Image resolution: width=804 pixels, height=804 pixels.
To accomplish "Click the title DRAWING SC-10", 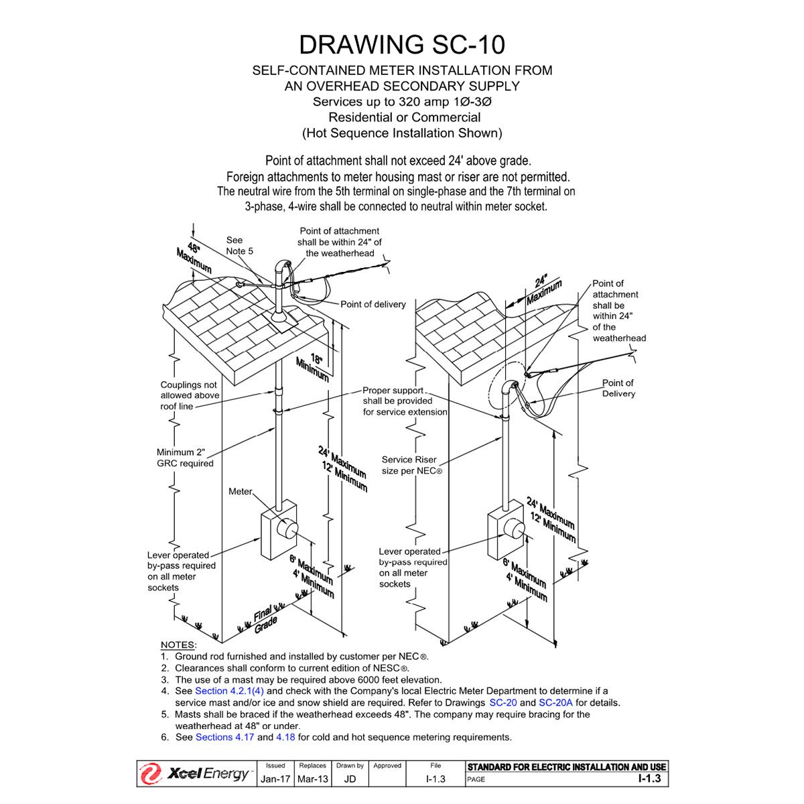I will click(x=401, y=44).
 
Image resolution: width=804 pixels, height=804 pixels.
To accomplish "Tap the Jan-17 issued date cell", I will click(x=275, y=779).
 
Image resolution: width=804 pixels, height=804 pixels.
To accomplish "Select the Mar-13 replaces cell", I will click(x=313, y=779).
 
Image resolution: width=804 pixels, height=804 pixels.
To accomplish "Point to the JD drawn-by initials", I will click(x=350, y=779).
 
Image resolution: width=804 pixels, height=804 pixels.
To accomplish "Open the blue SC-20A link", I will click(x=555, y=703).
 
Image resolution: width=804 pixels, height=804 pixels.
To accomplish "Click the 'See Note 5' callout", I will click(x=239, y=245).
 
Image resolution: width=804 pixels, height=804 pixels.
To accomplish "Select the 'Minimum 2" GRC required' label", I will click(x=185, y=458).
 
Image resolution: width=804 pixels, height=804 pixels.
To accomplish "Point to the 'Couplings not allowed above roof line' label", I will click(x=190, y=395).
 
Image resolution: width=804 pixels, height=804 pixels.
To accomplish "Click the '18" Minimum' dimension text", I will click(x=312, y=367).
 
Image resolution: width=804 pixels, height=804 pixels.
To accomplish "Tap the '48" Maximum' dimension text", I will click(x=194, y=257).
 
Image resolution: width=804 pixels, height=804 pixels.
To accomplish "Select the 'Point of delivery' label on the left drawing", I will click(x=373, y=304).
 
